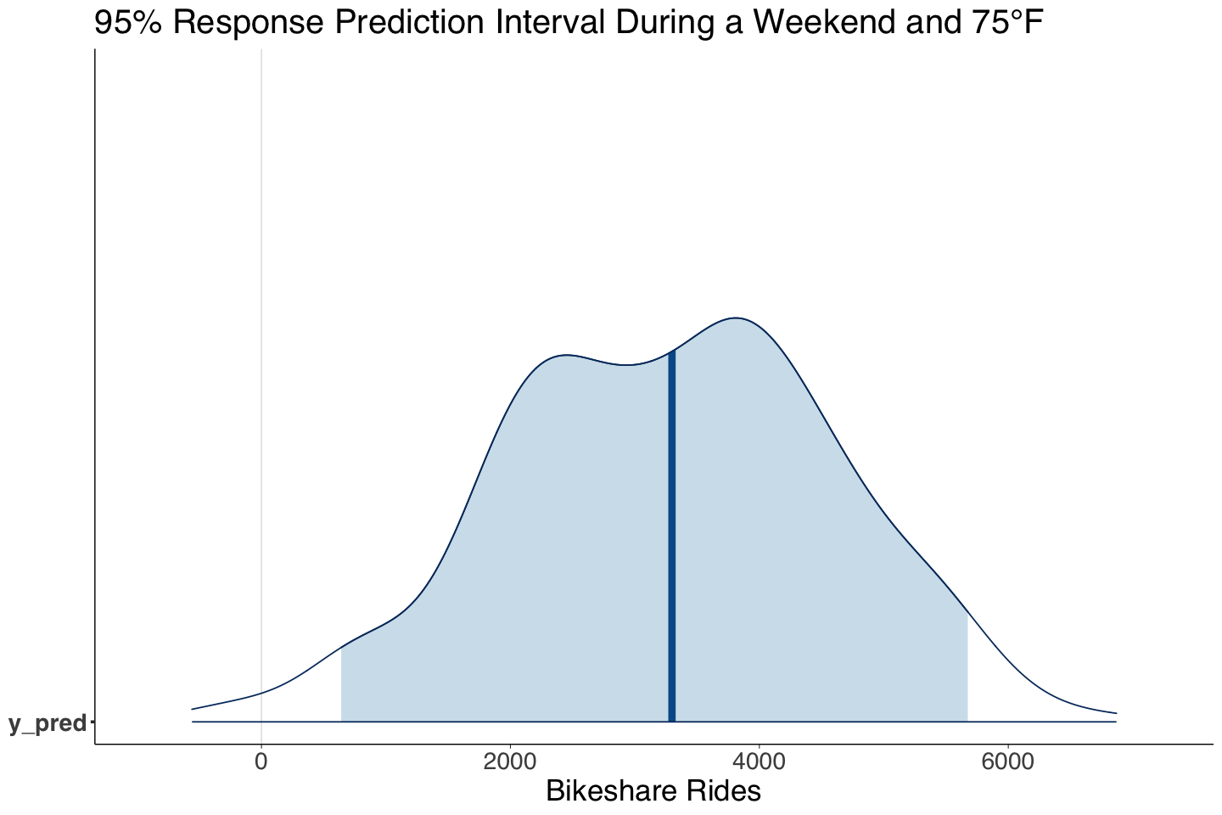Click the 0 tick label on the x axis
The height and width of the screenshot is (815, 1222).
pyautogui.click(x=261, y=762)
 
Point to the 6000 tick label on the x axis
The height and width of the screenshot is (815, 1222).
pyautogui.click(x=1007, y=762)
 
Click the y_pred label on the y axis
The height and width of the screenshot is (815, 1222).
pyautogui.click(x=48, y=723)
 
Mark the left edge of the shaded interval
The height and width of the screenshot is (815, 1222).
pyautogui.click(x=342, y=684)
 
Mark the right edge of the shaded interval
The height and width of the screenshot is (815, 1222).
pyautogui.click(x=967, y=667)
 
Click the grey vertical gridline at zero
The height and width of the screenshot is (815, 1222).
pyautogui.click(x=261, y=340)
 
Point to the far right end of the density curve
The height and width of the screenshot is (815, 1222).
pyautogui.click(x=1116, y=713)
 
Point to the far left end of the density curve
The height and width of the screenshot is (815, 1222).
pyautogui.click(x=193, y=709)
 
